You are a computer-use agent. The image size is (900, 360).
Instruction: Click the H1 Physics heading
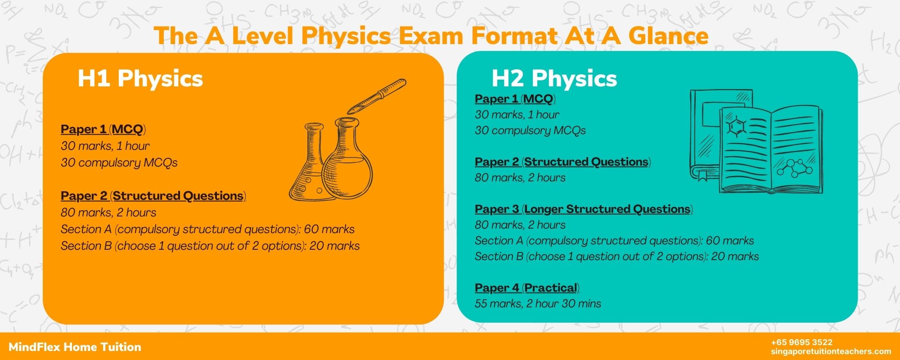pyautogui.click(x=140, y=78)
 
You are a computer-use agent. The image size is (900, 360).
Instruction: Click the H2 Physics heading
pyautogui.click(x=554, y=78)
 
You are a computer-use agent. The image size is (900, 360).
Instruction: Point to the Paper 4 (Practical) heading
pyautogui.click(x=527, y=288)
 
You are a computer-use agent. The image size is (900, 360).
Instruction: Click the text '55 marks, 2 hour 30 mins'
pyautogui.click(x=538, y=304)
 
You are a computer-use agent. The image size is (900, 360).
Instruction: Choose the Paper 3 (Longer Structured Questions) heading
pyautogui.click(x=584, y=209)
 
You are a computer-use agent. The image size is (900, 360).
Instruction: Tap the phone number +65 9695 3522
pyautogui.click(x=801, y=342)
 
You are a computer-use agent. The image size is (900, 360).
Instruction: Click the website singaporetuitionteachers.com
pyautogui.click(x=831, y=351)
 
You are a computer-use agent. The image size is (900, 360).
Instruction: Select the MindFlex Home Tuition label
pyautogui.click(x=75, y=347)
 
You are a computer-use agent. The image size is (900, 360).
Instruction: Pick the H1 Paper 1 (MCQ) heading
pyautogui.click(x=103, y=130)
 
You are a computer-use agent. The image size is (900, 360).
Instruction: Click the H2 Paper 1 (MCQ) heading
pyautogui.click(x=515, y=99)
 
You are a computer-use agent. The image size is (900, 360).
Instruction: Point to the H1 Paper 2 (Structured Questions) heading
pyautogui.click(x=153, y=196)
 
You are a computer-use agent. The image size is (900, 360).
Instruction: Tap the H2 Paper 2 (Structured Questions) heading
pyautogui.click(x=562, y=162)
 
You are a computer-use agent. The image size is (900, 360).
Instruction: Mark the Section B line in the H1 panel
pyautogui.click(x=210, y=246)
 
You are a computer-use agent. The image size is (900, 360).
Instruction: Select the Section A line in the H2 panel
pyautogui.click(x=614, y=241)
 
